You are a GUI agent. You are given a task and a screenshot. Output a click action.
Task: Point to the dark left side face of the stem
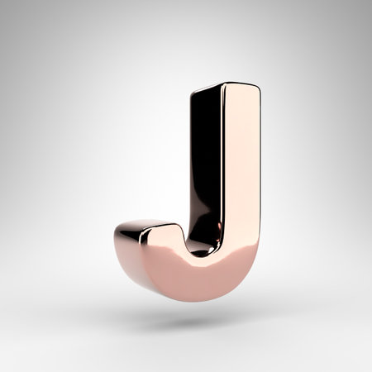pyautogui.click(x=204, y=165)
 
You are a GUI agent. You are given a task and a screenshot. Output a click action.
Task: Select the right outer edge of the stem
pyautogui.click(x=259, y=182)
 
